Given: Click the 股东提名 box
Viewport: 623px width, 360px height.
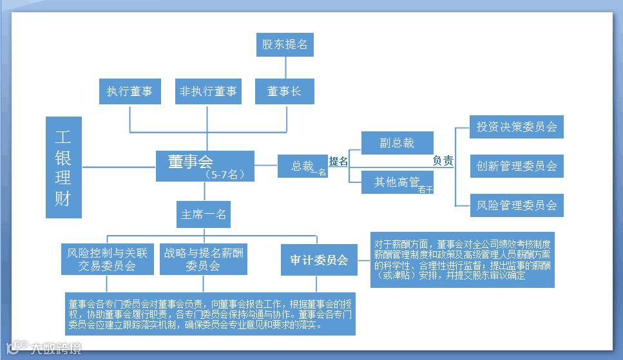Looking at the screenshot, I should coord(285,45).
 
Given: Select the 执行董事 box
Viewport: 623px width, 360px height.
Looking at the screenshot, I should coord(129,91).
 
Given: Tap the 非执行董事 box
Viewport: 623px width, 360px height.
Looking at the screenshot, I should coord(207,91).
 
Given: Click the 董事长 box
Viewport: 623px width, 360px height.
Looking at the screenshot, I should coord(284,91).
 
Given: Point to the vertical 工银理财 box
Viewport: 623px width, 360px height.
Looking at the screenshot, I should coord(63,167).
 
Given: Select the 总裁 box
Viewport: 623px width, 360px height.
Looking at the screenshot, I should coord(302,166).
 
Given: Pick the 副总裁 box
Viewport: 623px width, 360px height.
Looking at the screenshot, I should coord(397,144).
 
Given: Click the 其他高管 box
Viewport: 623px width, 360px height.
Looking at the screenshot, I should coord(397,182).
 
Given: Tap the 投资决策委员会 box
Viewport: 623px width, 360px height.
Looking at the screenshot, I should coord(517,127).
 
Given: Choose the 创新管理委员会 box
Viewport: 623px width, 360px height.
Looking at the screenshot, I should coord(517,166).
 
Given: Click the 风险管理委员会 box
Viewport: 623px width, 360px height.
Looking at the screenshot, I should coord(517,206).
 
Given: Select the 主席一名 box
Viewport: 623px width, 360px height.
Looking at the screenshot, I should coord(204,214).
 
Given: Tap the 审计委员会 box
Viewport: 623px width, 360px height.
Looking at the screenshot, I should coord(319,260).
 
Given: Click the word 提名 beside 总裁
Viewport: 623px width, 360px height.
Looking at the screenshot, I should coord(338,162).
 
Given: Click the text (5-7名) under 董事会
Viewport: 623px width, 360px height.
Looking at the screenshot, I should coord(224,175).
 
